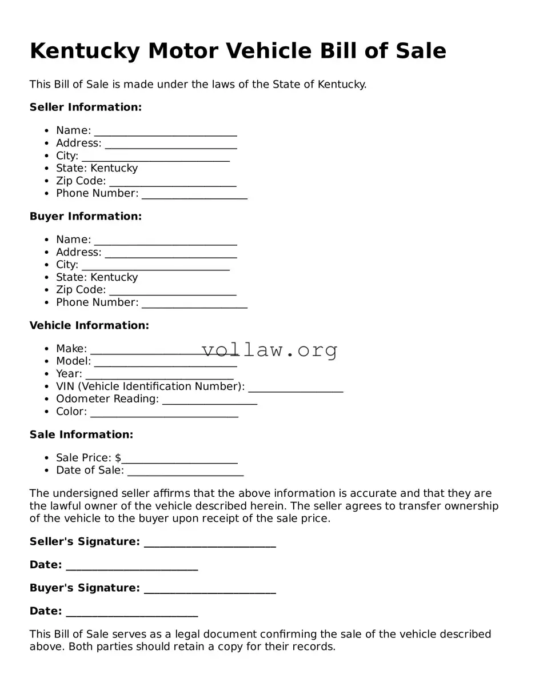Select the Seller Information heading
click(x=85, y=107)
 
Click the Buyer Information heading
click(x=85, y=217)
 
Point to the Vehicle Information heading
click(x=89, y=326)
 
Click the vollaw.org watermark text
click(x=269, y=349)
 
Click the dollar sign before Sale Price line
click(x=118, y=458)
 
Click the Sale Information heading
click(x=81, y=435)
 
